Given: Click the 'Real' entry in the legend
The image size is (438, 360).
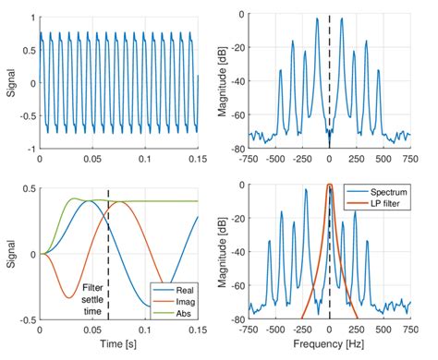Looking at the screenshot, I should pyautogui.click(x=181, y=289).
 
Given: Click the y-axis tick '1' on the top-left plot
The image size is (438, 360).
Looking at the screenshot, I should pyautogui.click(x=32, y=16).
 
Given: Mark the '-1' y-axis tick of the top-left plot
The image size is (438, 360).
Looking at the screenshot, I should pyautogui.click(x=30, y=148).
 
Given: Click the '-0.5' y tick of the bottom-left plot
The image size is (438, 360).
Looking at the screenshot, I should pyautogui.click(x=26, y=319).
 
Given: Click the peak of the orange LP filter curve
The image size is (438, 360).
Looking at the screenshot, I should pyautogui.click(x=330, y=186).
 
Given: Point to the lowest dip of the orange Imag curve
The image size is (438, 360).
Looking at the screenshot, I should pyautogui.click(x=67, y=297).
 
